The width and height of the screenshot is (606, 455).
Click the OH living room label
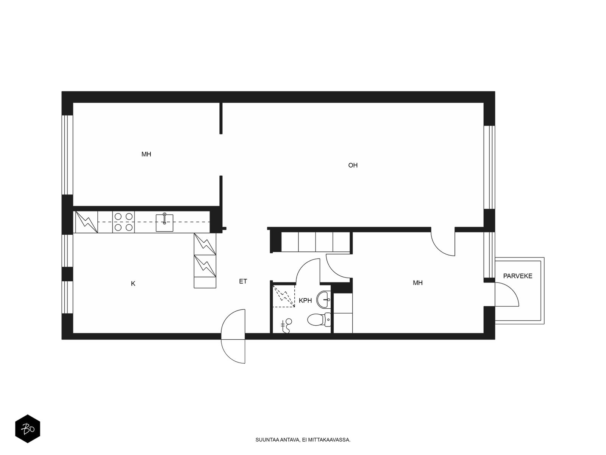click(x=353, y=165)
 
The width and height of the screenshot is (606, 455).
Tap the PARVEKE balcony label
click(x=518, y=276)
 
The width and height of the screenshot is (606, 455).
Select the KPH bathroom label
click(x=305, y=301)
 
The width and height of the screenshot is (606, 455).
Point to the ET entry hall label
click(x=243, y=281)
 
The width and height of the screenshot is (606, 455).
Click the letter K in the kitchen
click(x=133, y=284)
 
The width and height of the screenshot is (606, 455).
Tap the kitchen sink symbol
click(x=164, y=223)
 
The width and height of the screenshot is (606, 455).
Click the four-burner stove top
click(x=123, y=222)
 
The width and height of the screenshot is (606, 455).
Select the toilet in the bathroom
click(x=319, y=320)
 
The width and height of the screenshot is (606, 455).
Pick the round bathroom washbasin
click(x=323, y=299)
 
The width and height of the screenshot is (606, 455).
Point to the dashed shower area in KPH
click(x=284, y=296)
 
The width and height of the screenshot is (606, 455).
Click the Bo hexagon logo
click(x=28, y=428)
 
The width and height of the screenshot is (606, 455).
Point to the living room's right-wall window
click(x=489, y=167)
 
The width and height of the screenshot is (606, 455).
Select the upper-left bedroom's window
click(x=67, y=155)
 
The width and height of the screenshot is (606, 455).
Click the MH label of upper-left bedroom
click(x=146, y=154)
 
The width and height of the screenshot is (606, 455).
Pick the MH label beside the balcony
click(x=418, y=282)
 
